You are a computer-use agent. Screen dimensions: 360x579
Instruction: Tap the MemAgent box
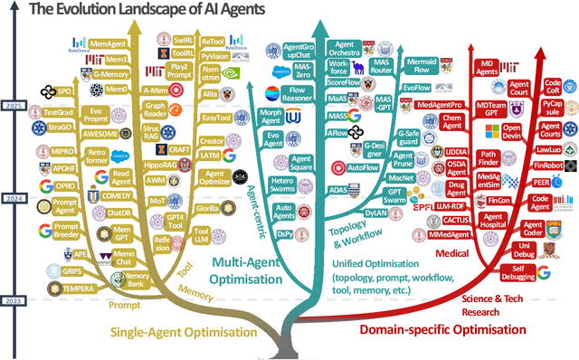tap(109, 44)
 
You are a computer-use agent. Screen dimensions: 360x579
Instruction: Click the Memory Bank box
tap(136, 280)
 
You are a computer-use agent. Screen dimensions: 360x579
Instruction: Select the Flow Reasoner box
tap(297, 94)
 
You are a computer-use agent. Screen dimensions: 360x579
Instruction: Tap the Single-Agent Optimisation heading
tap(170, 333)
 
